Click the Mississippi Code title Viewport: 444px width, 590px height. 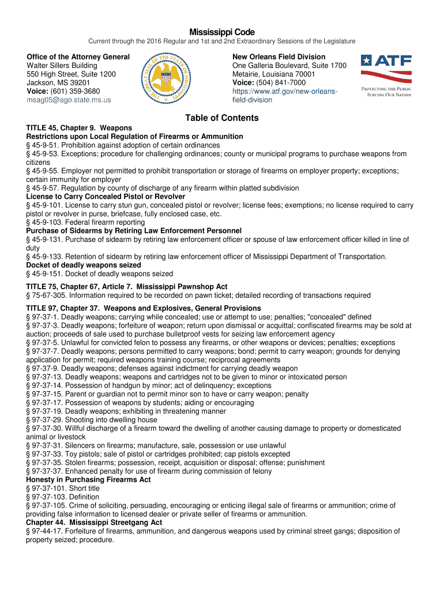click(x=222, y=32)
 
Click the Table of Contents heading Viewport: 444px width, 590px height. click(x=222, y=118)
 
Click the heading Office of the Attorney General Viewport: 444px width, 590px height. click(x=78, y=57)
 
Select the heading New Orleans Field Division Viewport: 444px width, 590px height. click(x=279, y=57)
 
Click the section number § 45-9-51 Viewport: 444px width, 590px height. click(x=42, y=145)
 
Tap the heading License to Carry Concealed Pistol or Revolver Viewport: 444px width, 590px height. click(x=106, y=196)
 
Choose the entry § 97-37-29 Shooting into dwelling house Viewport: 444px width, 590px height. click(x=92, y=420)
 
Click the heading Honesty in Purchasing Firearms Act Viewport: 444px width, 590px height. click(x=88, y=479)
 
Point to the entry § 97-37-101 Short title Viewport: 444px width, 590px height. click(x=63, y=488)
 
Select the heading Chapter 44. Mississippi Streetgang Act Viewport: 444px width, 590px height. click(x=94, y=523)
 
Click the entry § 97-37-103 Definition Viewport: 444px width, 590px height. click(x=63, y=497)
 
